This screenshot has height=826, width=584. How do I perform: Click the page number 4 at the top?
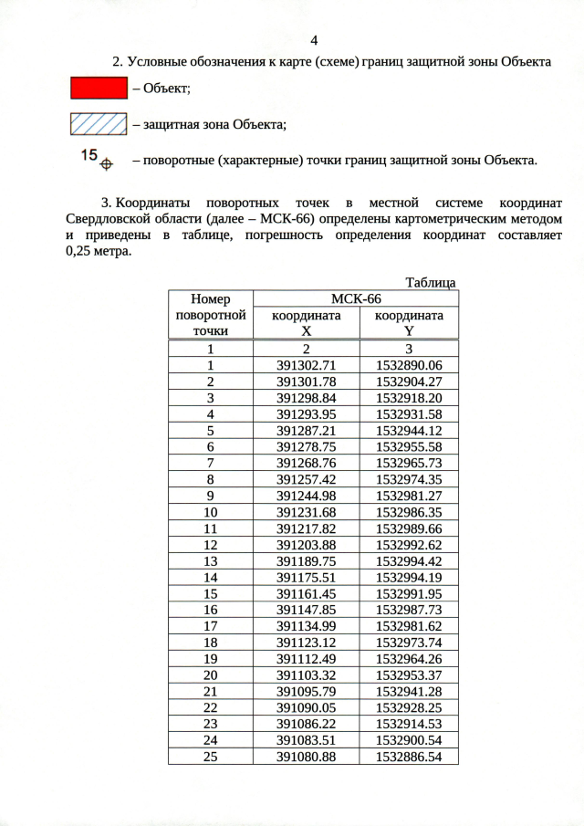[314, 40]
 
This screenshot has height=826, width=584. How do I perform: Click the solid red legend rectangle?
[99, 88]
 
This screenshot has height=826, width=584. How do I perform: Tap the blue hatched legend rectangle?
[99, 123]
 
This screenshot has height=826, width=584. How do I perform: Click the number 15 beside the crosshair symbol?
[89, 156]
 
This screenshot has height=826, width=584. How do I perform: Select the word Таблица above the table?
[431, 283]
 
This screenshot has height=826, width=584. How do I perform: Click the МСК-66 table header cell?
[355, 298]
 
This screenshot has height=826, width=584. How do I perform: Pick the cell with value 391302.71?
[307, 365]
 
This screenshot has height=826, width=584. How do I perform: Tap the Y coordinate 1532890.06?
[409, 365]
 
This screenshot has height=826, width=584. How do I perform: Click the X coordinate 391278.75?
[307, 447]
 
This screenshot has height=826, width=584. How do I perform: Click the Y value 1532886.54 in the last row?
[409, 757]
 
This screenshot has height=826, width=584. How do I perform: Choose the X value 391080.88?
[307, 757]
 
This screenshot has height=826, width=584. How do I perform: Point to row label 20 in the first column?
[211, 674]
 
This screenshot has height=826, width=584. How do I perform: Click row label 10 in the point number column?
[211, 512]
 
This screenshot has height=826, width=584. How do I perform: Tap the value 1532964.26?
[409, 658]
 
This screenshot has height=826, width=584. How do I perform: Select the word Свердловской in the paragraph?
[105, 220]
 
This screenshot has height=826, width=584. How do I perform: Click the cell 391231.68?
[307, 512]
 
